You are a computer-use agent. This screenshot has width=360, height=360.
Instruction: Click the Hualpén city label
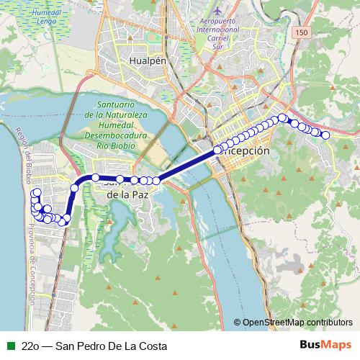(x=148, y=61)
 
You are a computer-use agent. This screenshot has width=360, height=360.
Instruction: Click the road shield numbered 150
(x=302, y=34)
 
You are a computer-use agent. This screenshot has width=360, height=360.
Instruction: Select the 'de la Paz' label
(x=127, y=194)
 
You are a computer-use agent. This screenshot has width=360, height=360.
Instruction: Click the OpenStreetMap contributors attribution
(x=297, y=323)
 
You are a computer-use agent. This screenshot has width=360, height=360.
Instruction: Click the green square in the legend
(x=9, y=346)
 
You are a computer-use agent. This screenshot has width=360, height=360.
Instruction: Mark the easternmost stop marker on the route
(x=325, y=135)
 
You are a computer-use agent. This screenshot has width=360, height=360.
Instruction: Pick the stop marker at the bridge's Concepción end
(x=218, y=150)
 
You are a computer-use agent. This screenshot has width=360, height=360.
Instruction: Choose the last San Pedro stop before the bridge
(x=156, y=181)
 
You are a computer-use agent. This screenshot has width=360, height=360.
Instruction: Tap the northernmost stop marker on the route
(x=283, y=117)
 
